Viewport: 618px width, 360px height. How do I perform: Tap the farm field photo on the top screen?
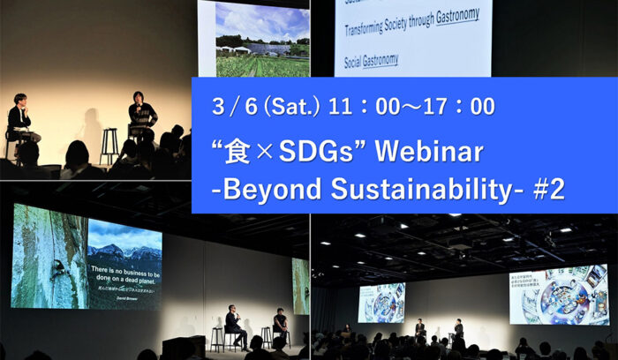(x=262, y=40)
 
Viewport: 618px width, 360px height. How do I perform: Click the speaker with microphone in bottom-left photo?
(x=231, y=322)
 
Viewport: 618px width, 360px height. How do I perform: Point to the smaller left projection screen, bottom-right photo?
(x=381, y=303)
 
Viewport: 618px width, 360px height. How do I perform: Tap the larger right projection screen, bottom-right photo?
(x=558, y=294)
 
